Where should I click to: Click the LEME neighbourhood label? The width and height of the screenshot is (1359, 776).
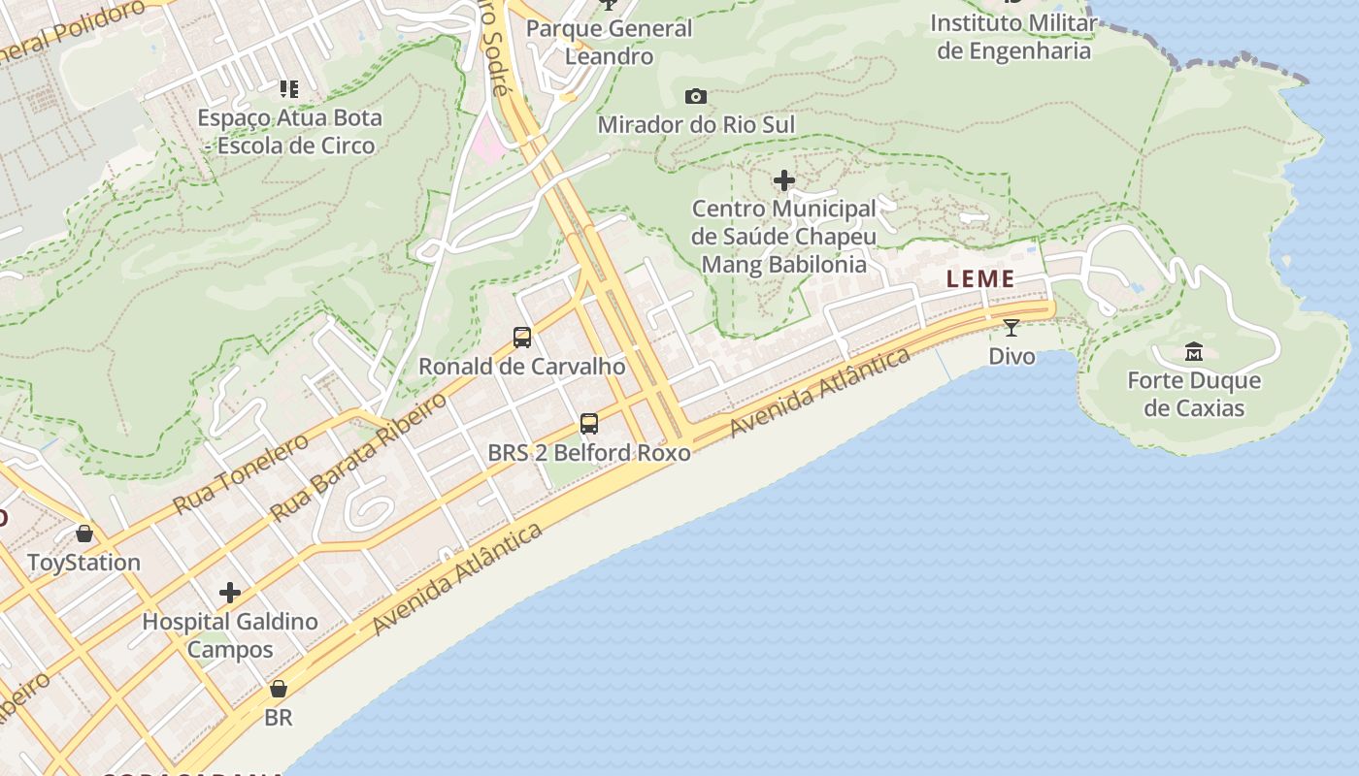[x=980, y=279]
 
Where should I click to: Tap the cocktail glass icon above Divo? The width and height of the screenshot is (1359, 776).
[x=1011, y=328]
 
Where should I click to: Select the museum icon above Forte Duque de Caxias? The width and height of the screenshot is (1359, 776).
[x=1194, y=351]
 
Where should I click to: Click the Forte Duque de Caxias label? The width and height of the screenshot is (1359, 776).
[x=1194, y=394]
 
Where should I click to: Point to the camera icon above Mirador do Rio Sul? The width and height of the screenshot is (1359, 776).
[x=696, y=96]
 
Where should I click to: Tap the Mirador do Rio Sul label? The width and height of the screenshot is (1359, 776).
[x=696, y=125]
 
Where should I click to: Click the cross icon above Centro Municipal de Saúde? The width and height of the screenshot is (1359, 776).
[x=783, y=180]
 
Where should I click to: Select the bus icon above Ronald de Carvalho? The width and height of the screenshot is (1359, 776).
[x=522, y=338]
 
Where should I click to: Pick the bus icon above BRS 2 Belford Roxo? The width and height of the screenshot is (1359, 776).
[x=589, y=423]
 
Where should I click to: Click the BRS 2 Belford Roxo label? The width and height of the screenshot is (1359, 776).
[x=589, y=453]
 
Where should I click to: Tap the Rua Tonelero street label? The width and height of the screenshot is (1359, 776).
[x=241, y=474]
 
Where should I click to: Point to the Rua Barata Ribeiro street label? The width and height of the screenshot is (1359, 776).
[x=358, y=457]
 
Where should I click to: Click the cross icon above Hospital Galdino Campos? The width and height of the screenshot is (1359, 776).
[x=230, y=592]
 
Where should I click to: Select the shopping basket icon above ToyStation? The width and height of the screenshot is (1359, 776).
[x=84, y=533]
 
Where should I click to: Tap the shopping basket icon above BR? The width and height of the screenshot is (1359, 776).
[x=279, y=689]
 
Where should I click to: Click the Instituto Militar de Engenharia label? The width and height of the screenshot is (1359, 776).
[x=1013, y=37]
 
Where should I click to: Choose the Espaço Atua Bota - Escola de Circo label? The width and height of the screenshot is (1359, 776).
[x=289, y=132]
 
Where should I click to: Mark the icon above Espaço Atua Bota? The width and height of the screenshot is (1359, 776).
[x=288, y=89]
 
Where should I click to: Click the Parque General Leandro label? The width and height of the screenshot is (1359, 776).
[x=610, y=42]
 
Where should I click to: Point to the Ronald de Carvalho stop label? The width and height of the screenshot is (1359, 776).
[x=522, y=368]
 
